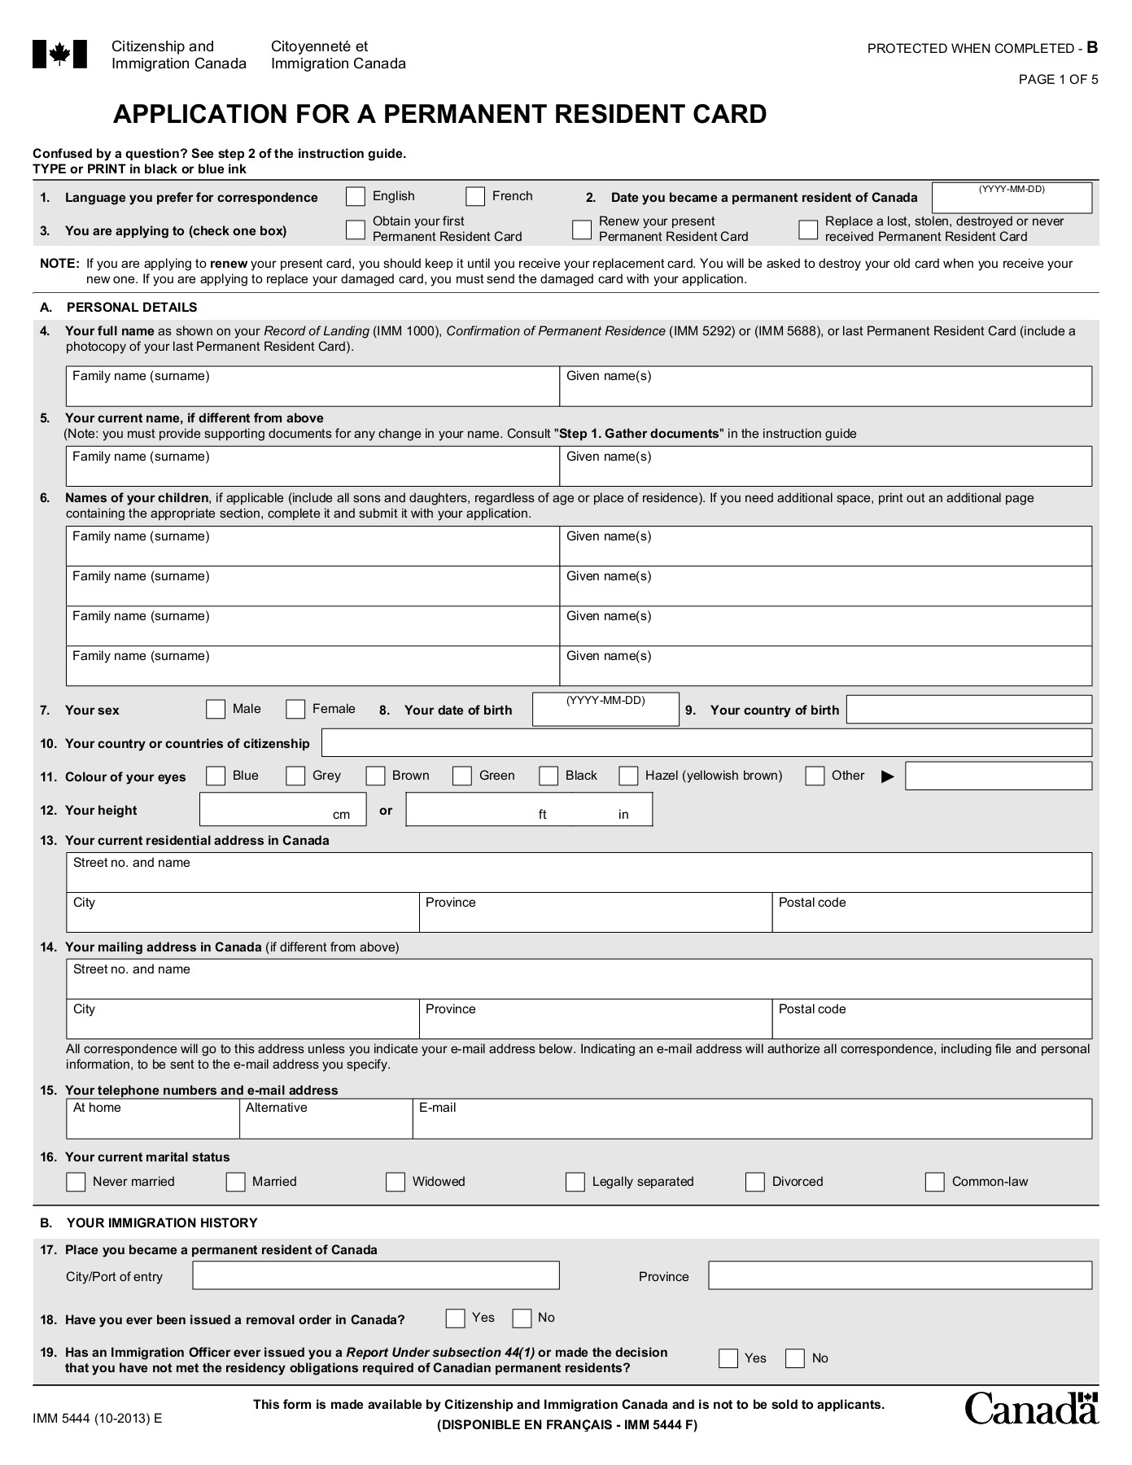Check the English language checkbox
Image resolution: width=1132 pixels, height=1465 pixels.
(x=355, y=197)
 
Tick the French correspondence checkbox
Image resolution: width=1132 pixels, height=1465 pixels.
(x=475, y=197)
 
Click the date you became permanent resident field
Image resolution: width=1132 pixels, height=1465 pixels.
(x=1012, y=199)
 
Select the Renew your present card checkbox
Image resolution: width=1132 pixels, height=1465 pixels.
(x=582, y=230)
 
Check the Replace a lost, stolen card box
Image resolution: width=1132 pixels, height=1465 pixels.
(x=808, y=230)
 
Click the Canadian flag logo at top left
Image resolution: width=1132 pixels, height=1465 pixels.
(x=59, y=55)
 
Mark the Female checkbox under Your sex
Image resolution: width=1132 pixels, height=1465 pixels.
(x=295, y=710)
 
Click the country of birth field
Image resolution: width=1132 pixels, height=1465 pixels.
(x=969, y=710)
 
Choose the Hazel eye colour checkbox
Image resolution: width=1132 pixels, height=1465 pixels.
(x=628, y=776)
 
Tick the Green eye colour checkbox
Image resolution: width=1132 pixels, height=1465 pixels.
(x=462, y=776)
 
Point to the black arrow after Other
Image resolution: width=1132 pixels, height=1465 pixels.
(x=887, y=777)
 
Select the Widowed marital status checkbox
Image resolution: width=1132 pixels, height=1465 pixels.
(x=396, y=1182)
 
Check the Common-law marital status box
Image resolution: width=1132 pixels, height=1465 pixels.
(x=935, y=1182)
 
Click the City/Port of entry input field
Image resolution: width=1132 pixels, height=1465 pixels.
(x=376, y=1275)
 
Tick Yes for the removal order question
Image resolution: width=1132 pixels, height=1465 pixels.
(x=456, y=1318)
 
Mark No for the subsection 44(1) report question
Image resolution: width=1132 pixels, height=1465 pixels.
(x=795, y=1358)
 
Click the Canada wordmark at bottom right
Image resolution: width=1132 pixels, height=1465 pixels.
(x=1031, y=1409)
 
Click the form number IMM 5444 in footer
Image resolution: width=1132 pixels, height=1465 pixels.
(x=97, y=1418)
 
